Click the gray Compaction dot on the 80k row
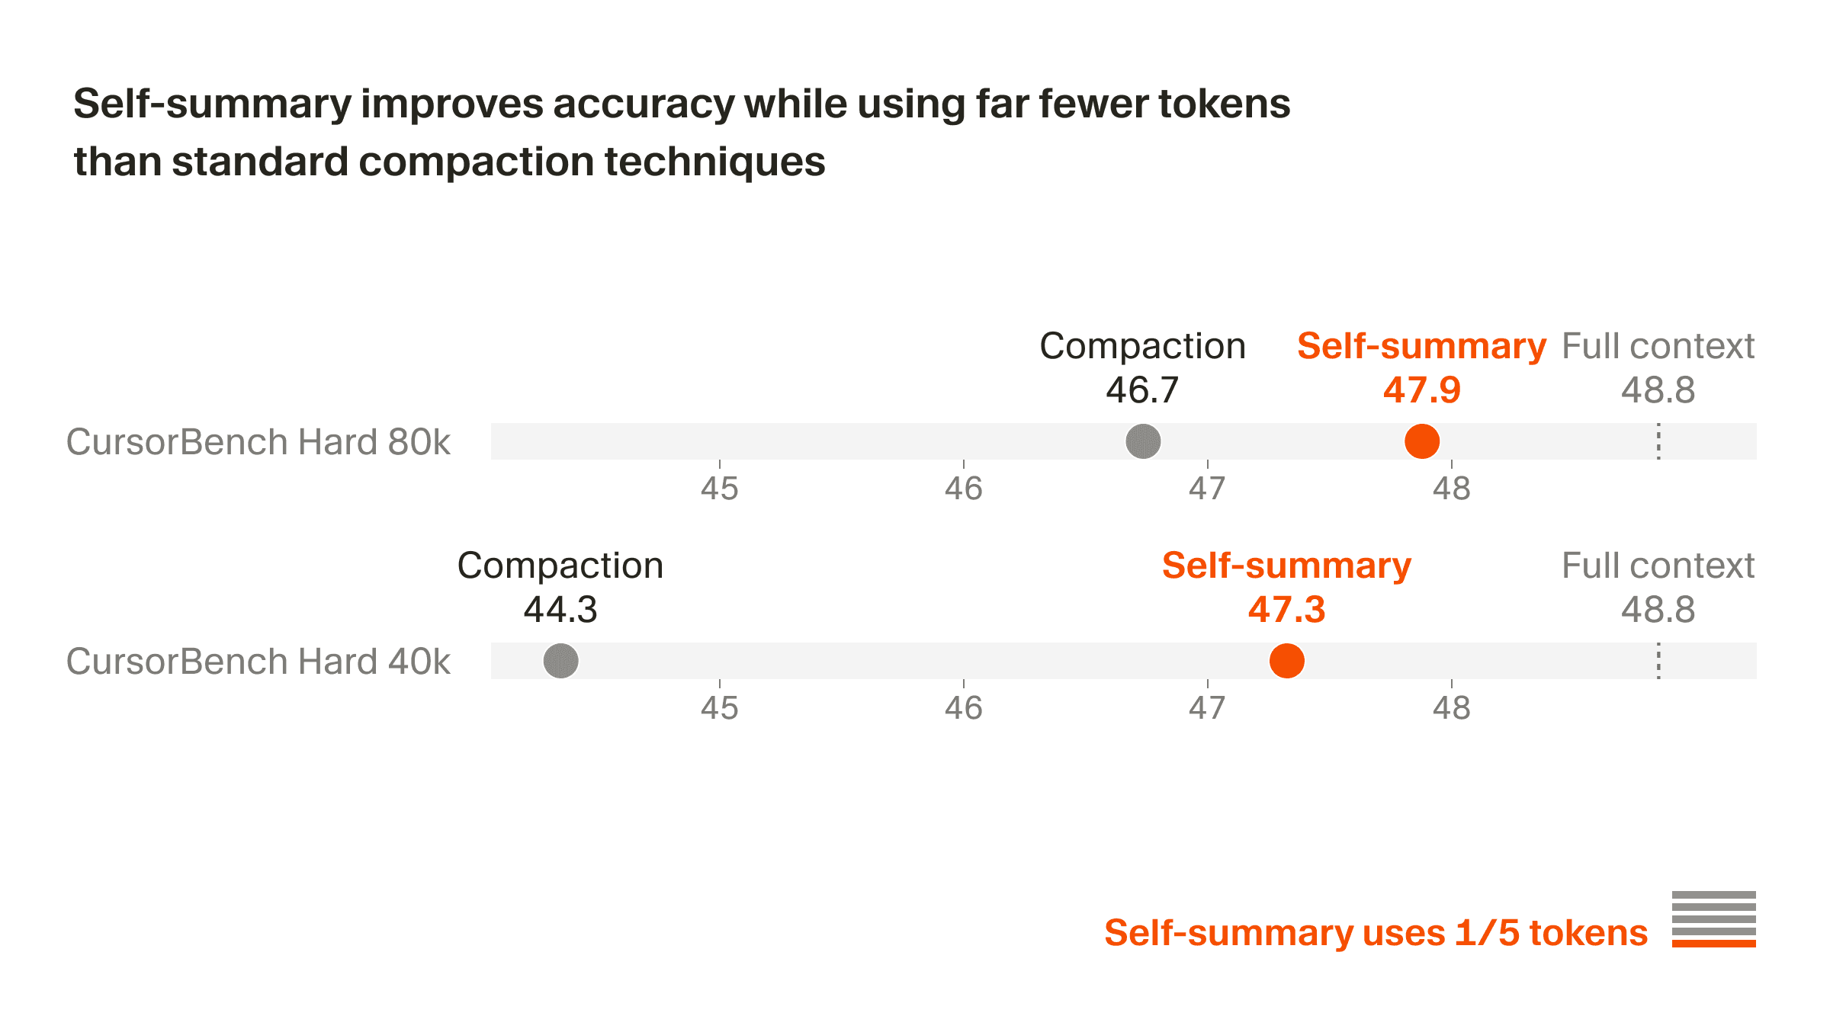click(1143, 441)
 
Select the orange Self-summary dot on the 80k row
click(1422, 441)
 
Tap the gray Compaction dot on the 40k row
click(560, 661)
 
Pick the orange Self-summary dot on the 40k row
click(1287, 661)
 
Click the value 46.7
click(1142, 390)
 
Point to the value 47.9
click(1422, 390)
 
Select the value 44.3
click(560, 610)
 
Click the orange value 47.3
click(1287, 610)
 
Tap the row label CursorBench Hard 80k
click(258, 442)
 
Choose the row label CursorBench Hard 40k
click(258, 662)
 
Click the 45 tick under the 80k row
click(720, 489)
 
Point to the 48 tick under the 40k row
click(1451, 708)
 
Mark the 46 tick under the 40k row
click(964, 708)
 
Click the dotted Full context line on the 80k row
click(1658, 441)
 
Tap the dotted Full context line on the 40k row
click(1658, 661)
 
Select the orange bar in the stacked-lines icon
click(1713, 944)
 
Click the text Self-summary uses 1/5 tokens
click(1376, 933)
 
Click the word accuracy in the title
click(642, 104)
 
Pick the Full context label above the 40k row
click(1658, 566)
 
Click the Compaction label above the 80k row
click(1142, 346)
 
